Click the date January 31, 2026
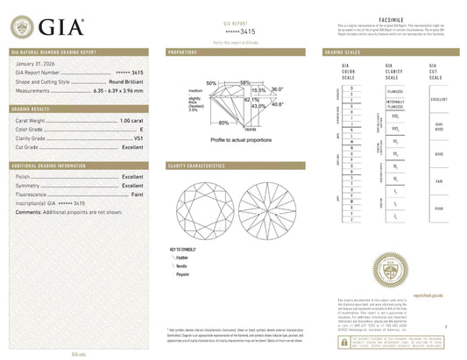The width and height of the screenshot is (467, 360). [37, 64]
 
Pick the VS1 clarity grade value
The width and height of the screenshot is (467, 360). [138, 137]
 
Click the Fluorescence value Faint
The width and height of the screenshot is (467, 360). [138, 194]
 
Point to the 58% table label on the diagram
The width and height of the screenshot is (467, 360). [244, 81]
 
